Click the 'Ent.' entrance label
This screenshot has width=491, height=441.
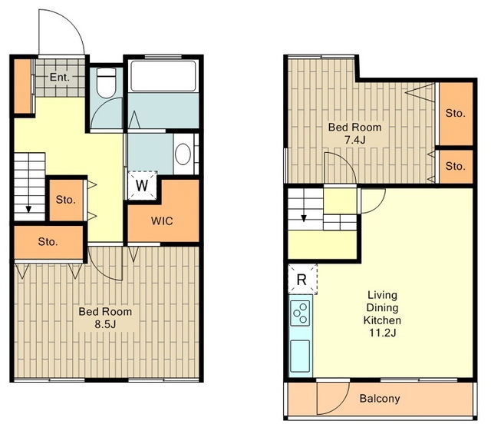coord(60,77)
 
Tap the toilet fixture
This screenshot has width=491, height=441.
coord(106,83)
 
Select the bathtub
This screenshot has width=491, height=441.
coord(163,76)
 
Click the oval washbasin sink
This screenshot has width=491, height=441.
coord(183,154)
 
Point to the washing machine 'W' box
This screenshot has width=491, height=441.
coord(142,185)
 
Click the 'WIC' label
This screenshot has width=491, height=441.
coord(162,221)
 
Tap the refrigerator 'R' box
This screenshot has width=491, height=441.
coord(302,279)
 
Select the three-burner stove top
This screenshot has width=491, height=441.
coord(301,313)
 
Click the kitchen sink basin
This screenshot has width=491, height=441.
coord(300,356)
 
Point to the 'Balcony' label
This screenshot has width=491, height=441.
coord(380,398)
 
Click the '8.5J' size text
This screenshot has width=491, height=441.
coord(106,324)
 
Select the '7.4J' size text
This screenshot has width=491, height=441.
coord(354,140)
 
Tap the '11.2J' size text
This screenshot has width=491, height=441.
coord(382,333)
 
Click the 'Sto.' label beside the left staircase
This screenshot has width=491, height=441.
coord(66,200)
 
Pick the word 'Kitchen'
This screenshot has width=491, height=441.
coord(382,320)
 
